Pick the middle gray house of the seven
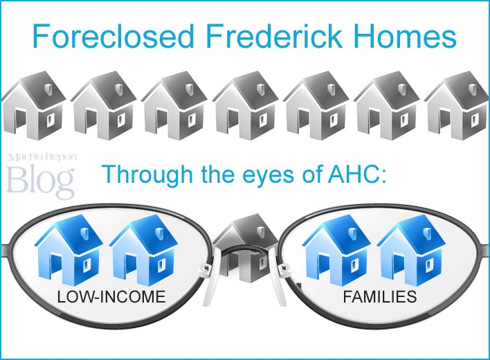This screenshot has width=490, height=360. pyautogui.click(x=246, y=106)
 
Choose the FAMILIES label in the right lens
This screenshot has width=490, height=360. pyautogui.click(x=380, y=298)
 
